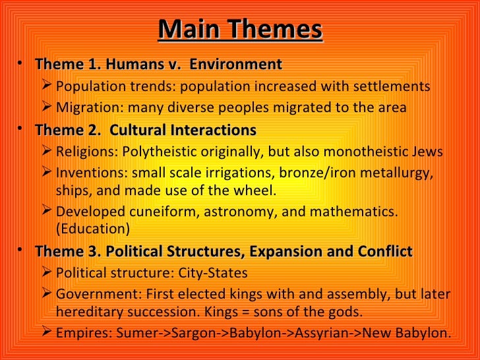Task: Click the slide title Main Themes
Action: [x=240, y=30]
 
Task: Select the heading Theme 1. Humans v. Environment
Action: [x=158, y=65]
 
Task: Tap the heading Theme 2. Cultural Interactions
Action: [x=145, y=129]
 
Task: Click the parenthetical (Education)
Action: [x=90, y=229]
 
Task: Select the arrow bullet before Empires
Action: [x=46, y=332]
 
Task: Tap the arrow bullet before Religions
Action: [x=46, y=152]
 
